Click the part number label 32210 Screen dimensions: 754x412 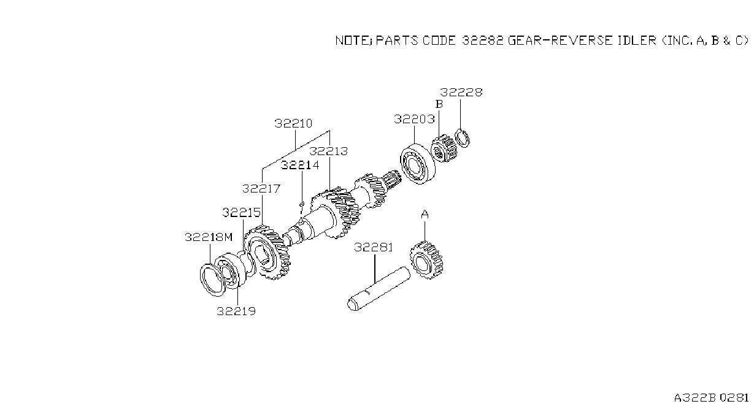(293, 123)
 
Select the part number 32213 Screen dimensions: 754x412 (328, 151)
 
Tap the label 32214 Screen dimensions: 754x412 (300, 165)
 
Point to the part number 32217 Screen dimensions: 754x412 (261, 189)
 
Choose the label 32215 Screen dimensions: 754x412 (241, 213)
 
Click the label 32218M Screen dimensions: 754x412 (209, 237)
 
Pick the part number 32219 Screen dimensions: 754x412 (236, 311)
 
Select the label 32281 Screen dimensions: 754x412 (374, 248)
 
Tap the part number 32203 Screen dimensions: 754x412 (414, 119)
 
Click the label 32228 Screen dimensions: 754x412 (461, 93)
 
